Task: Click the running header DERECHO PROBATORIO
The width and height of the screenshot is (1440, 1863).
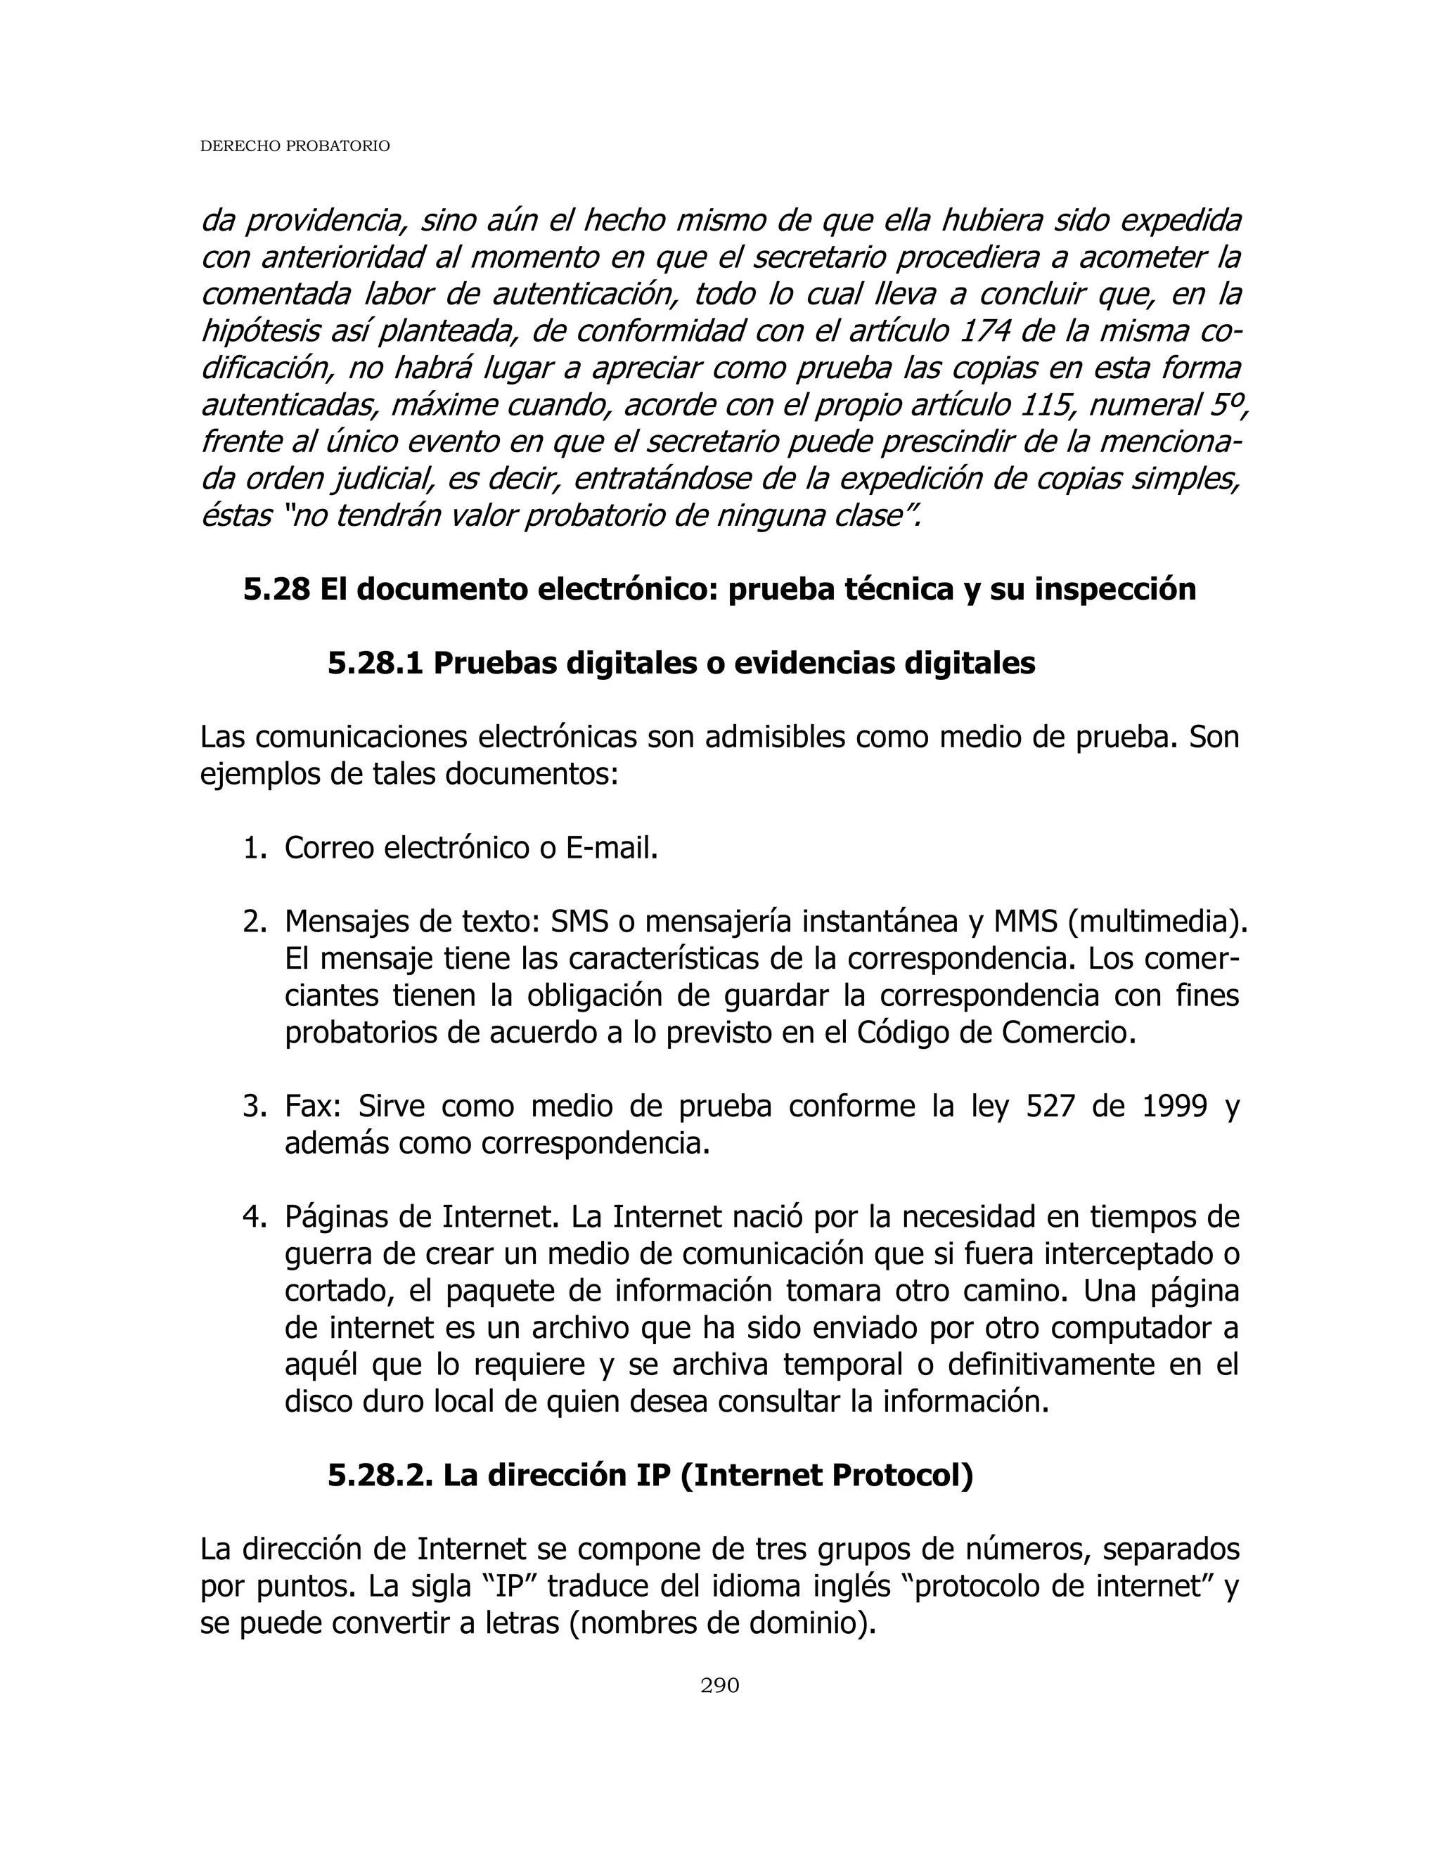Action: pos(295,147)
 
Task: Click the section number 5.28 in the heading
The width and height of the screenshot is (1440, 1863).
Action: pos(276,589)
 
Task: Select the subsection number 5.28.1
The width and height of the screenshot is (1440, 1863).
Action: pos(375,663)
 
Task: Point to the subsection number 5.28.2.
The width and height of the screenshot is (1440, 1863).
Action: pos(380,1475)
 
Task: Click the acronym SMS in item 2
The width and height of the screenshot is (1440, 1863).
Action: pos(579,922)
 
